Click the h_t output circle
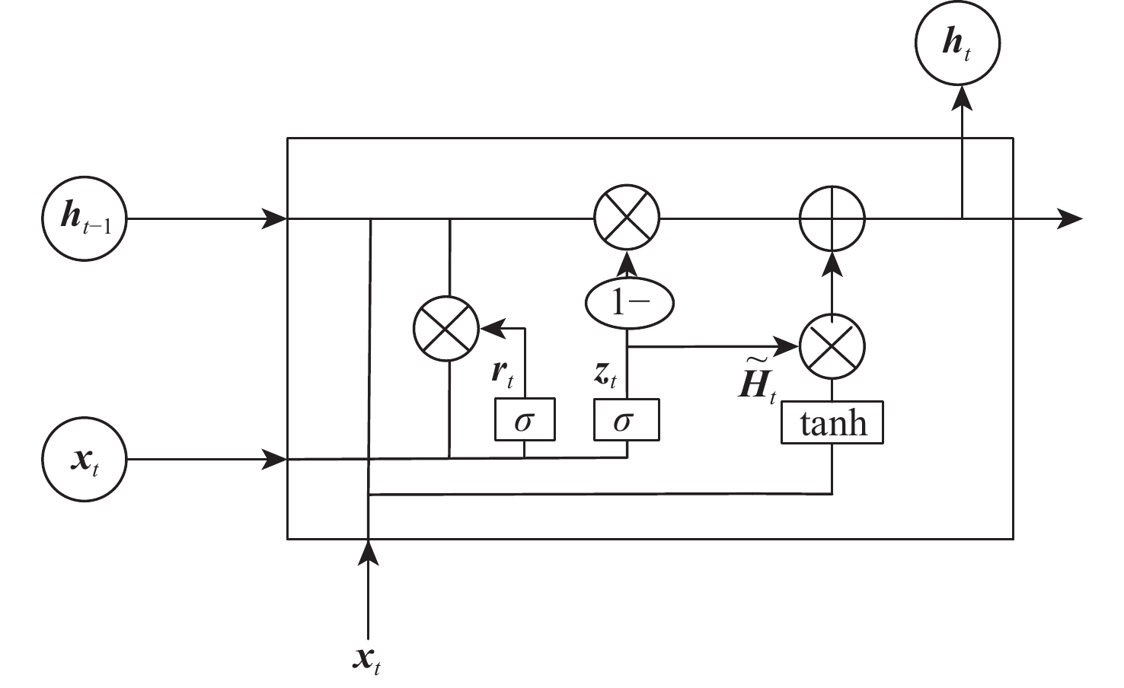(x=956, y=43)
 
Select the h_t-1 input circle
(x=84, y=219)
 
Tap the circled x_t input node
(x=84, y=460)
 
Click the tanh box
(x=832, y=423)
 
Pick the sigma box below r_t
(x=525, y=419)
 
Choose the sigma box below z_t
(x=626, y=419)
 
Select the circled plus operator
(x=832, y=219)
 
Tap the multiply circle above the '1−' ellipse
(x=626, y=219)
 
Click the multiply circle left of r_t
(x=445, y=329)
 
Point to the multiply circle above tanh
(x=832, y=346)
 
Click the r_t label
(x=503, y=373)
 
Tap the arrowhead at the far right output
(x=1070, y=219)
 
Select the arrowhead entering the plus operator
(x=832, y=263)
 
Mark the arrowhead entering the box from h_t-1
(x=274, y=219)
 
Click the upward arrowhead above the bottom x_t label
(x=369, y=553)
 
